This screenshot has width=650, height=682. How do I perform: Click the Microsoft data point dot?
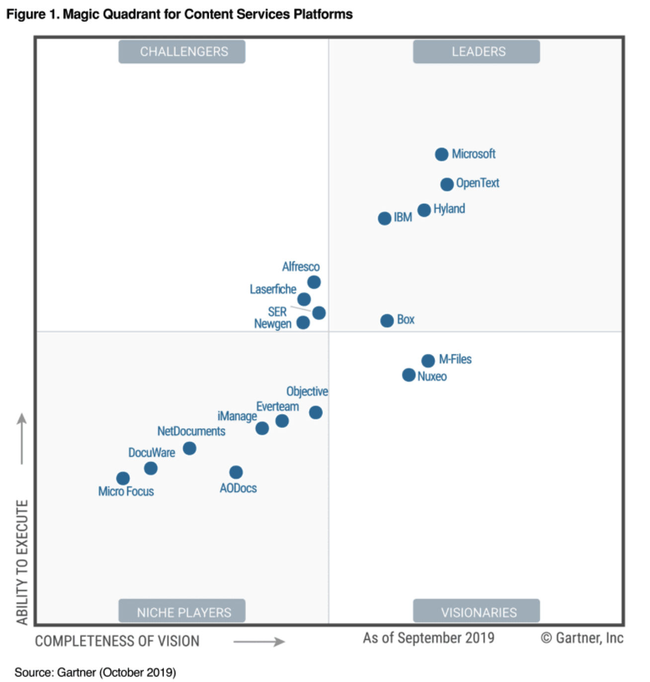pyautogui.click(x=441, y=154)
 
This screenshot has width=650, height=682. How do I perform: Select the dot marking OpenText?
pyautogui.click(x=447, y=184)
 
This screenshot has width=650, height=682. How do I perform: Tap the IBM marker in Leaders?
pyautogui.click(x=384, y=218)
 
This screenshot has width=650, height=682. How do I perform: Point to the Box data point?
pyautogui.click(x=387, y=321)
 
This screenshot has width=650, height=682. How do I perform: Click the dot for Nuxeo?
pyautogui.click(x=408, y=375)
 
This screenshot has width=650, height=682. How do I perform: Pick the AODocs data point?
pyautogui.click(x=236, y=472)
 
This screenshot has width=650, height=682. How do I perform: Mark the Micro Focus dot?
pyautogui.click(x=123, y=478)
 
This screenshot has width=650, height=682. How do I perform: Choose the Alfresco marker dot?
pyautogui.click(x=314, y=282)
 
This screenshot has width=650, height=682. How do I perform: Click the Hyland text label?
pyautogui.click(x=449, y=209)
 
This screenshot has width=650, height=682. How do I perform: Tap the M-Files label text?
pyautogui.click(x=455, y=359)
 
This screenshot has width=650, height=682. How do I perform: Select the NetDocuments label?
pyautogui.click(x=191, y=431)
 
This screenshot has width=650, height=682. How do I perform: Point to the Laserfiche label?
pyautogui.click(x=273, y=289)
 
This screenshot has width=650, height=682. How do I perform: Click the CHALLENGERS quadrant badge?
pyautogui.click(x=182, y=52)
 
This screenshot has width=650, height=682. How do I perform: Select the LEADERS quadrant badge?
pyautogui.click(x=476, y=52)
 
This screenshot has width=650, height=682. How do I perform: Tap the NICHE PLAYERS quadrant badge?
pyautogui.click(x=182, y=612)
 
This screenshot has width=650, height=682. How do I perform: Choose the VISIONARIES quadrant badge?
pyautogui.click(x=476, y=612)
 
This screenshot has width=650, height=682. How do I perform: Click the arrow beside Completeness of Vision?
pyautogui.click(x=259, y=641)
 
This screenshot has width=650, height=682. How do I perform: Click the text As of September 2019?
pyautogui.click(x=428, y=638)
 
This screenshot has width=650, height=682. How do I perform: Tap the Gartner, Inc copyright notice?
pyautogui.click(x=582, y=638)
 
